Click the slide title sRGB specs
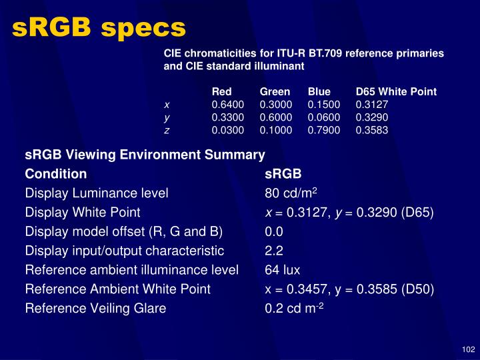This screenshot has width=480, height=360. coord(99,27)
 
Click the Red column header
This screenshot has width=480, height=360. coord(221,91)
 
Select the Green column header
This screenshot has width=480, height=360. coord(275,91)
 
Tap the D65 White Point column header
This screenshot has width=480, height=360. coord(396,91)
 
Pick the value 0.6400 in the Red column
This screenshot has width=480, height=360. coord(228,105)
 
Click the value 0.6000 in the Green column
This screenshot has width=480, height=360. coord(276,117)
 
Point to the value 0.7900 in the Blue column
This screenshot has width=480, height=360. coord(324,130)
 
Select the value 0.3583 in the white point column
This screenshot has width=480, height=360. coord(372,130)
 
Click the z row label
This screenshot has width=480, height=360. coord(167,130)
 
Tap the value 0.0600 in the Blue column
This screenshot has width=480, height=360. coord(324,117)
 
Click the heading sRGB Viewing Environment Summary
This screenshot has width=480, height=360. coord(145,155)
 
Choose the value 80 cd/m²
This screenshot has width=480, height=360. coord(291,193)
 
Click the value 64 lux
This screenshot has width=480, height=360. coord(283,270)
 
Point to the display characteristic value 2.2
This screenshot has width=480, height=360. coord(274,251)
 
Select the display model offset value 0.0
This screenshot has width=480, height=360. coord(274,231)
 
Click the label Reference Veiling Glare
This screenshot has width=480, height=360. coord(95,309)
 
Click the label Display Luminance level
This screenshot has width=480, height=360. coord(97,193)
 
